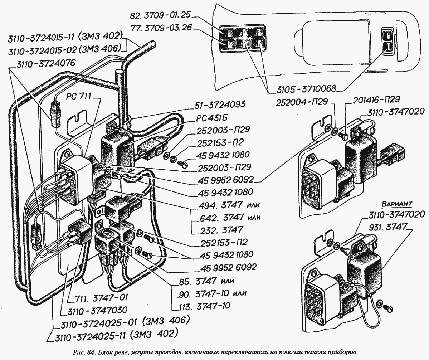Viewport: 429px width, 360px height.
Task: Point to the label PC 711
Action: tap(79, 96)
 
